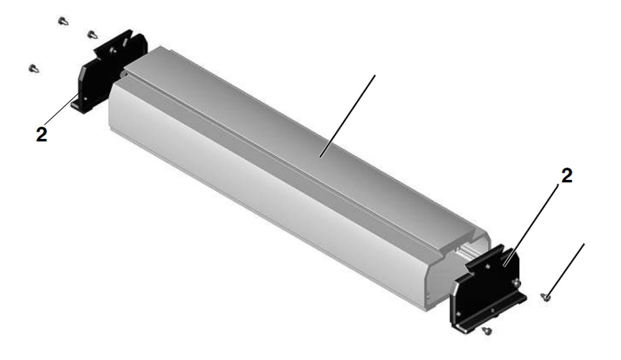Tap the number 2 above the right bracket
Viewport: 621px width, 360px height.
(567, 176)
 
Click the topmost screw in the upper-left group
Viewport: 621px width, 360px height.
(63, 21)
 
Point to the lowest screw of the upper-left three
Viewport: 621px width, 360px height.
(34, 68)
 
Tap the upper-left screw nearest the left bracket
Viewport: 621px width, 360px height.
(92, 34)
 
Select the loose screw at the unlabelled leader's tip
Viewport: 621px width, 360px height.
(545, 298)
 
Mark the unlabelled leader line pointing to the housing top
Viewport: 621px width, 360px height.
(348, 115)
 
